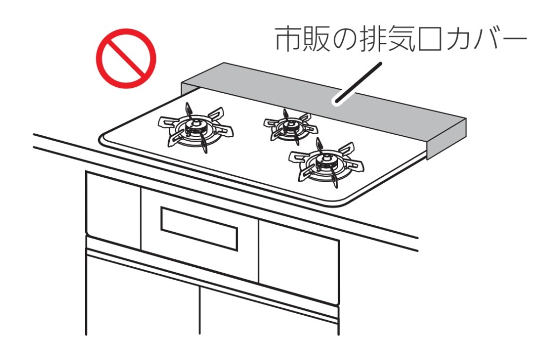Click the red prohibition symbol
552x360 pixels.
(126, 58)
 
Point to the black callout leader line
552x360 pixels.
(358, 83)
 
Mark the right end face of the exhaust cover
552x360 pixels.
(447, 140)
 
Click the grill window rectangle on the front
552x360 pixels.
(199, 229)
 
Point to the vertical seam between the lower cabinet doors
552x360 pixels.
(199, 310)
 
